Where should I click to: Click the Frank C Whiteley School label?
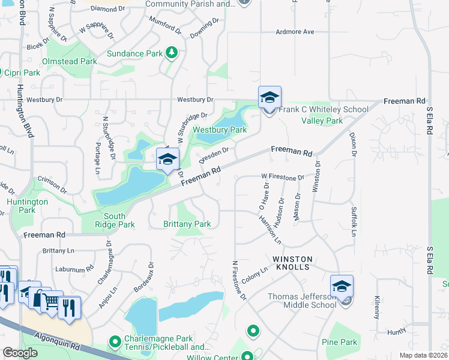[324, 110]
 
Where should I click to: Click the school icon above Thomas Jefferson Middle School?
[342, 286]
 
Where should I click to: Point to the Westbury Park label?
[220, 130]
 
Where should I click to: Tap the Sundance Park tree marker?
[172, 53]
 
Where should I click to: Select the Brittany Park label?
[187, 224]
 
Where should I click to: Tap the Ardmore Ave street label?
[295, 32]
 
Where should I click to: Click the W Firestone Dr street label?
[282, 178]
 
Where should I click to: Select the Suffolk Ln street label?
[354, 221]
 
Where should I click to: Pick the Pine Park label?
[339, 343]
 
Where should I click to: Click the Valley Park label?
[322, 121]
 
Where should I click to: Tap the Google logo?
[20, 353]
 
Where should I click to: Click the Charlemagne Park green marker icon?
[115, 342]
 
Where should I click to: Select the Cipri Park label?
[23, 73]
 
